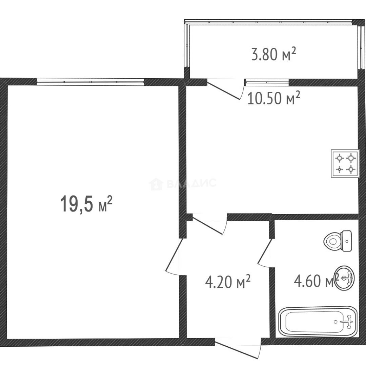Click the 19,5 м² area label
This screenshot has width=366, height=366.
pos(86,204)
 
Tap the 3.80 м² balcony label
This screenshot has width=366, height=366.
pos(273,54)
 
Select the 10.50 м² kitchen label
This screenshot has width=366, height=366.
pos(273,98)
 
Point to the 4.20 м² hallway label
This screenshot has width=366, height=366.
pos(228,281)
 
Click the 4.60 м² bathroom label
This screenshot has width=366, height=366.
pos(316,281)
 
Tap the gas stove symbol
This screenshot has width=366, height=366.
pos(345,163)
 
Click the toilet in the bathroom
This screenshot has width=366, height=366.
pos(338,241)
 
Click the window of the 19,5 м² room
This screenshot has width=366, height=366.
pos(90,82)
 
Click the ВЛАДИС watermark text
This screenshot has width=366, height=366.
pos(191,183)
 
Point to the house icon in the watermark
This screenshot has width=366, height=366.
pos(156,184)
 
